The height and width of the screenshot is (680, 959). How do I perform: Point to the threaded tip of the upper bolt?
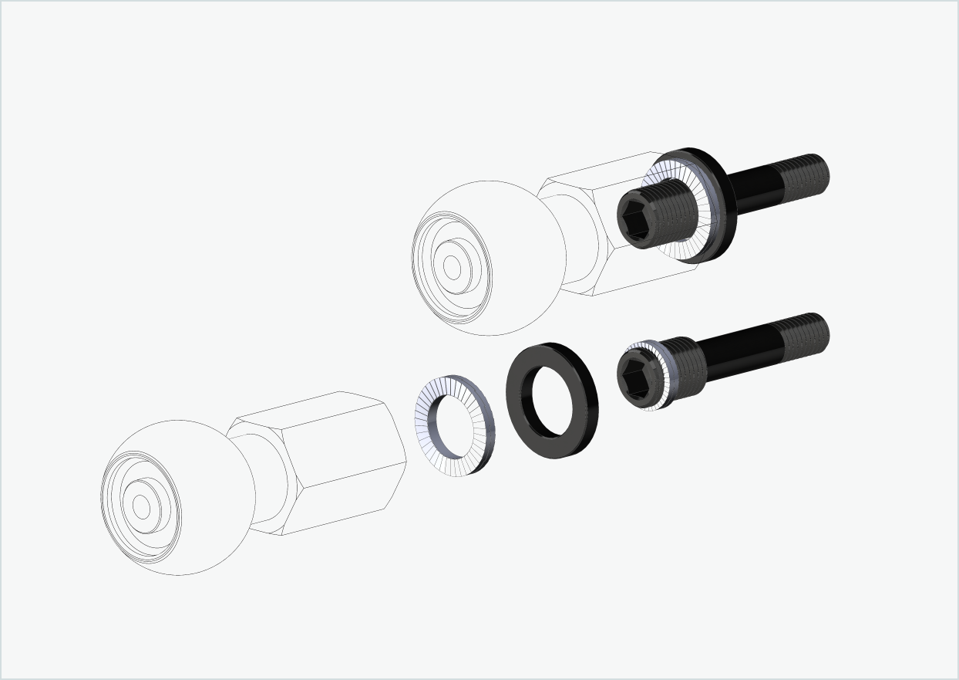pos(806,174)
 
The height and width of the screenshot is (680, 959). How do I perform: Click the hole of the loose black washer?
pos(553,401)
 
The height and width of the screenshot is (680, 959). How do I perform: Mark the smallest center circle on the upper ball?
pos(452,267)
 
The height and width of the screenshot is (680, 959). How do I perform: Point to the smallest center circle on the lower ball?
pos(140,506)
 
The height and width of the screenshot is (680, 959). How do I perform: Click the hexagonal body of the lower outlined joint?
pos(339,463)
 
